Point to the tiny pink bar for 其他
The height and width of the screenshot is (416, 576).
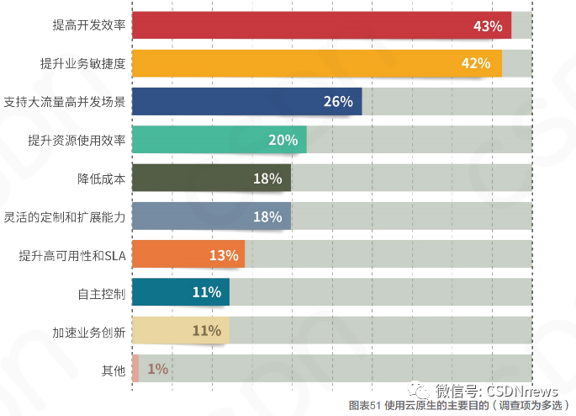click(x=135, y=368)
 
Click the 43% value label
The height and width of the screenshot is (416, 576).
click(x=488, y=26)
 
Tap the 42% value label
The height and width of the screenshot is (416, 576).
click(x=476, y=64)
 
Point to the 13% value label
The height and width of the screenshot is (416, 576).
click(x=224, y=254)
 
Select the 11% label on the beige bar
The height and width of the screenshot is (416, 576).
click(x=207, y=330)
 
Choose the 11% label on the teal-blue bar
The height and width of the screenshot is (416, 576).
click(x=207, y=292)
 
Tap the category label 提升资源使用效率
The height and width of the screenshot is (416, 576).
click(x=77, y=140)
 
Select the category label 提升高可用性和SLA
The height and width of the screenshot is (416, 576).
click(x=71, y=254)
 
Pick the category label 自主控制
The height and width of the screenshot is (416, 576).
click(x=101, y=293)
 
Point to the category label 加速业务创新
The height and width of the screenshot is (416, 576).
click(x=89, y=331)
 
